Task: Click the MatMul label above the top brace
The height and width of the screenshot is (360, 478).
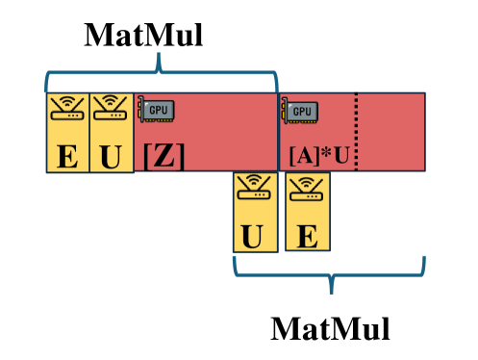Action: pyautogui.click(x=144, y=36)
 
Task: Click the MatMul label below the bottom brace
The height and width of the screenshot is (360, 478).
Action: pyautogui.click(x=331, y=328)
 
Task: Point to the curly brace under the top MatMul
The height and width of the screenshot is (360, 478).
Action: pyautogui.click(x=161, y=72)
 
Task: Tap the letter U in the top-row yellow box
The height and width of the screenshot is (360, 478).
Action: pyautogui.click(x=112, y=154)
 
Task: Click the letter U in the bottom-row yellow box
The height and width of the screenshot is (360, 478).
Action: pyautogui.click(x=252, y=235)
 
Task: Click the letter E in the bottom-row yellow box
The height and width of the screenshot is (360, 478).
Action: pyautogui.click(x=307, y=235)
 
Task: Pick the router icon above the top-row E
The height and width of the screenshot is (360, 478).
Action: pyautogui.click(x=67, y=110)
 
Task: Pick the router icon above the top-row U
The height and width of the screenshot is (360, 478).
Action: pyautogui.click(x=111, y=110)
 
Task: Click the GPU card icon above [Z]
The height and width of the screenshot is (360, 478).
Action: pyautogui.click(x=155, y=110)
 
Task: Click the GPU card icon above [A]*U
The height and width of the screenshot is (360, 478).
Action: pyautogui.click(x=299, y=111)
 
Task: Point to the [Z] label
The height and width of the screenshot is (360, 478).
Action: pyautogui.click(x=164, y=155)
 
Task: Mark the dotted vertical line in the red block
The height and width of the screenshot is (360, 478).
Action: pyautogui.click(x=357, y=132)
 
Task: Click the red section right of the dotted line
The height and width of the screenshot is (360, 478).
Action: pyautogui.click(x=391, y=132)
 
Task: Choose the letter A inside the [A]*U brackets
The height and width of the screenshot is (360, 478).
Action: pyautogui.click(x=305, y=155)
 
